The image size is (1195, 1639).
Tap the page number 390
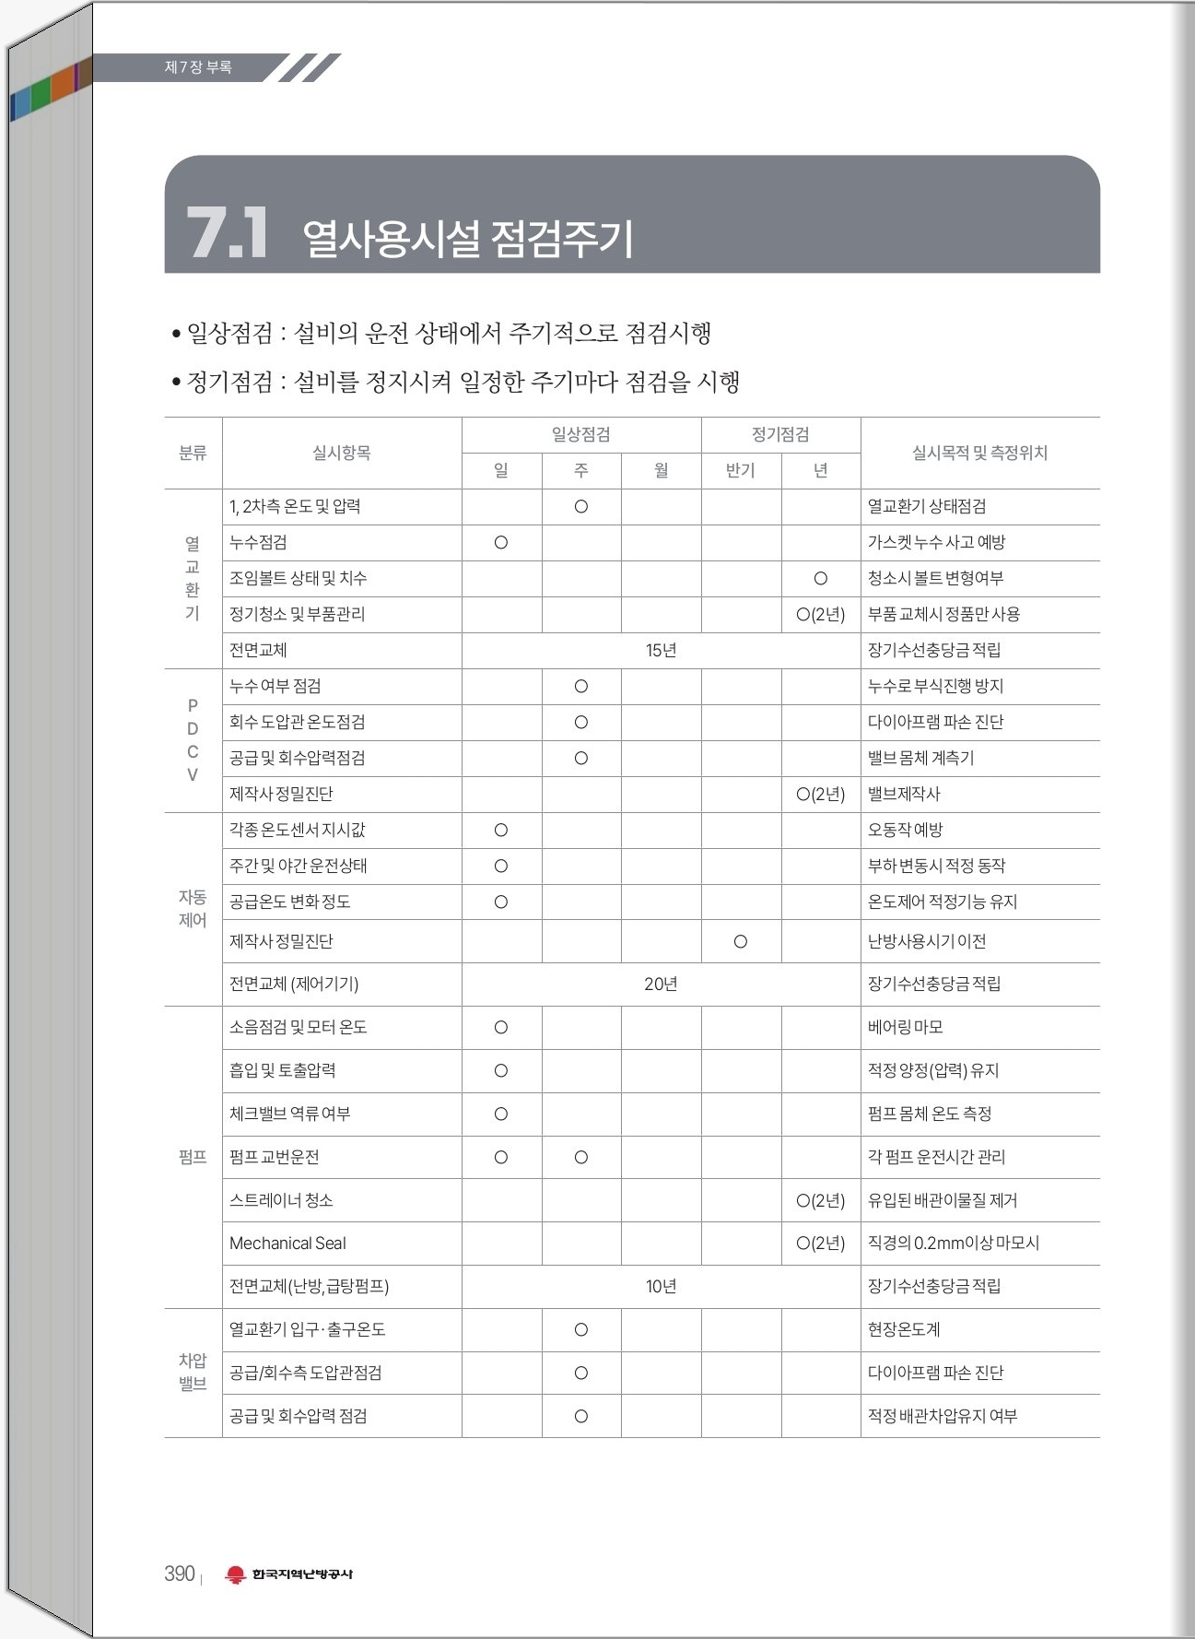180,1574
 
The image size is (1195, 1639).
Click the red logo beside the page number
236,1574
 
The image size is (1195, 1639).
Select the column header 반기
740,470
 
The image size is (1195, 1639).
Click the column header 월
661,470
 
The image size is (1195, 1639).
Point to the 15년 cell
661,651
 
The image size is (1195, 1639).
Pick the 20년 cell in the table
661,985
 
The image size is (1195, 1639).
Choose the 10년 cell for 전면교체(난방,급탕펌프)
661,1287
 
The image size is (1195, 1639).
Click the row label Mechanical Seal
287,1244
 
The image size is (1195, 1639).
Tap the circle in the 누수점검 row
501,543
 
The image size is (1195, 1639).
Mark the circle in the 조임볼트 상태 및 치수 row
820,579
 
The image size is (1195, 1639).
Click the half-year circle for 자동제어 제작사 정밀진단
740,941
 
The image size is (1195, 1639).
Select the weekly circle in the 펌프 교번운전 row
580,1157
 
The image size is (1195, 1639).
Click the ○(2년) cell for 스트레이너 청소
820,1200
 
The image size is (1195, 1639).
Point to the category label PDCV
193,740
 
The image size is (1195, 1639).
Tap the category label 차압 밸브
193,1373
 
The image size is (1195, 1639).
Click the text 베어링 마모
905,1027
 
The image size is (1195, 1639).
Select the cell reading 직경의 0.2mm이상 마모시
953,1244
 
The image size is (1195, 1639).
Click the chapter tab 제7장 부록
198,67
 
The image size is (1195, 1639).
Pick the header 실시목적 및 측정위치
979,453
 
